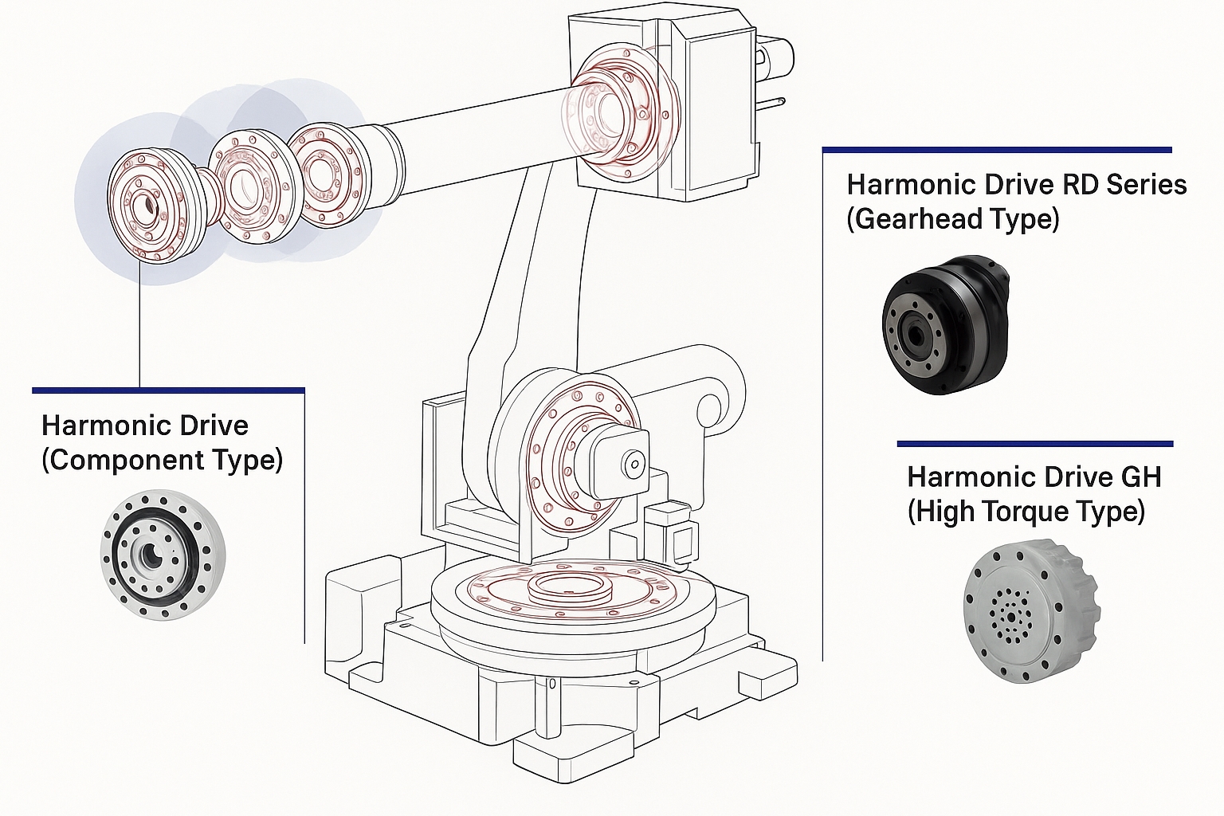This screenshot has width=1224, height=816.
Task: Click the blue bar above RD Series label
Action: pos(996,149)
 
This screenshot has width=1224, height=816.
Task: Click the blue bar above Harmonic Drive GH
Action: pos(1034,443)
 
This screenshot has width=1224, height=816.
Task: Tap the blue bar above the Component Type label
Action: pos(168,390)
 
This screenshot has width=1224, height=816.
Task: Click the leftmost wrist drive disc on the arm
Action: pos(149,206)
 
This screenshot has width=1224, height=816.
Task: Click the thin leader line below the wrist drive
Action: pos(139,327)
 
